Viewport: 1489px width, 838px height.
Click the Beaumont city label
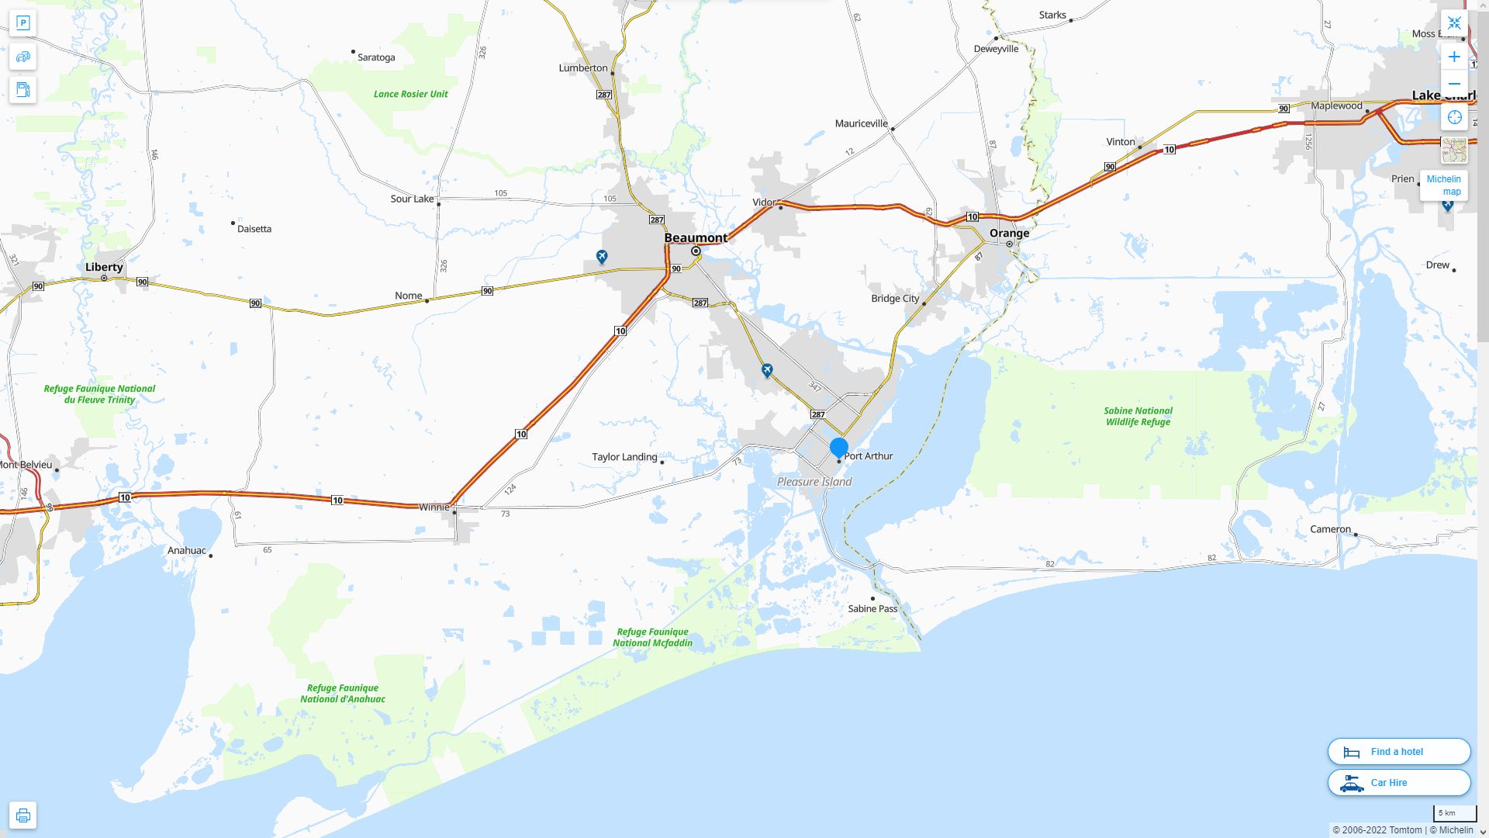[696, 237]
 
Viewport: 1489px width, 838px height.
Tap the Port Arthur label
[868, 456]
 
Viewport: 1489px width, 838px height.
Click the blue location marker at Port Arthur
[839, 448]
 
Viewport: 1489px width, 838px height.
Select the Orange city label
[1009, 233]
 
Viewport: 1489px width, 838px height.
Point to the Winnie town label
[434, 507]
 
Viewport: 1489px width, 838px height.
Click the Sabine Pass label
[872, 609]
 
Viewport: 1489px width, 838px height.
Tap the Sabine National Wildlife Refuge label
[1138, 417]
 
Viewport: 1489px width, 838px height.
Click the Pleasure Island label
[814, 482]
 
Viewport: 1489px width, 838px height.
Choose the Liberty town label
[104, 267]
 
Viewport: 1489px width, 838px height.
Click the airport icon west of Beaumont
[602, 256]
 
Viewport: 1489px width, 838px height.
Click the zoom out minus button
[1454, 84]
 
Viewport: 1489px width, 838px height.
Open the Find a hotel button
[1398, 752]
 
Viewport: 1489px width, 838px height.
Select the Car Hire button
[1398, 783]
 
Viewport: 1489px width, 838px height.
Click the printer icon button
[23, 815]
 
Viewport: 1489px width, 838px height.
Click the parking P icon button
[23, 23]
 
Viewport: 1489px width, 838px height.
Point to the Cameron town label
[1330, 529]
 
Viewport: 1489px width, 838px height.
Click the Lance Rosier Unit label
[410, 94]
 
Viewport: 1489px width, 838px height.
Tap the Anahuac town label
[187, 551]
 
